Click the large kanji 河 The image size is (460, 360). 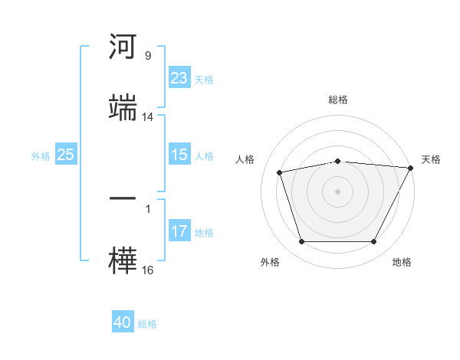tap(123, 46)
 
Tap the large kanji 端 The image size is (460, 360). tap(123, 107)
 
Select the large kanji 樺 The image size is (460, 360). tap(123, 260)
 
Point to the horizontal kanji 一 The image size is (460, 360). tap(123, 198)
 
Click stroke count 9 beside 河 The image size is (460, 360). tap(148, 55)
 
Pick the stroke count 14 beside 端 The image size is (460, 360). tap(147, 117)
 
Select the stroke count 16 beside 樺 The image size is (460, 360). tap(147, 270)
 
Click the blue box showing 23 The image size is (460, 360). tap(179, 77)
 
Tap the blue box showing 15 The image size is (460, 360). tap(179, 154)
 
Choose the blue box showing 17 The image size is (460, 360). tap(179, 230)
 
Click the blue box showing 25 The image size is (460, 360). tap(66, 154)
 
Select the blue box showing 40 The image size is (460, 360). tap(123, 321)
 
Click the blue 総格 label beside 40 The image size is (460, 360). tap(147, 324)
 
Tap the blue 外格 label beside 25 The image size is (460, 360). tap(41, 156)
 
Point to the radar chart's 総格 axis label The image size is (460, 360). tap(338, 100)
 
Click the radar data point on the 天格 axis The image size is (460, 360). tap(411, 168)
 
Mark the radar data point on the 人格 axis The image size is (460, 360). tap(279, 172)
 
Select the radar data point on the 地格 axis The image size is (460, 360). tap(374, 241)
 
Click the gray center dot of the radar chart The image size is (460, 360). tap(337, 191)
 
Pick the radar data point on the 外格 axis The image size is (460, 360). tap(302, 241)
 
